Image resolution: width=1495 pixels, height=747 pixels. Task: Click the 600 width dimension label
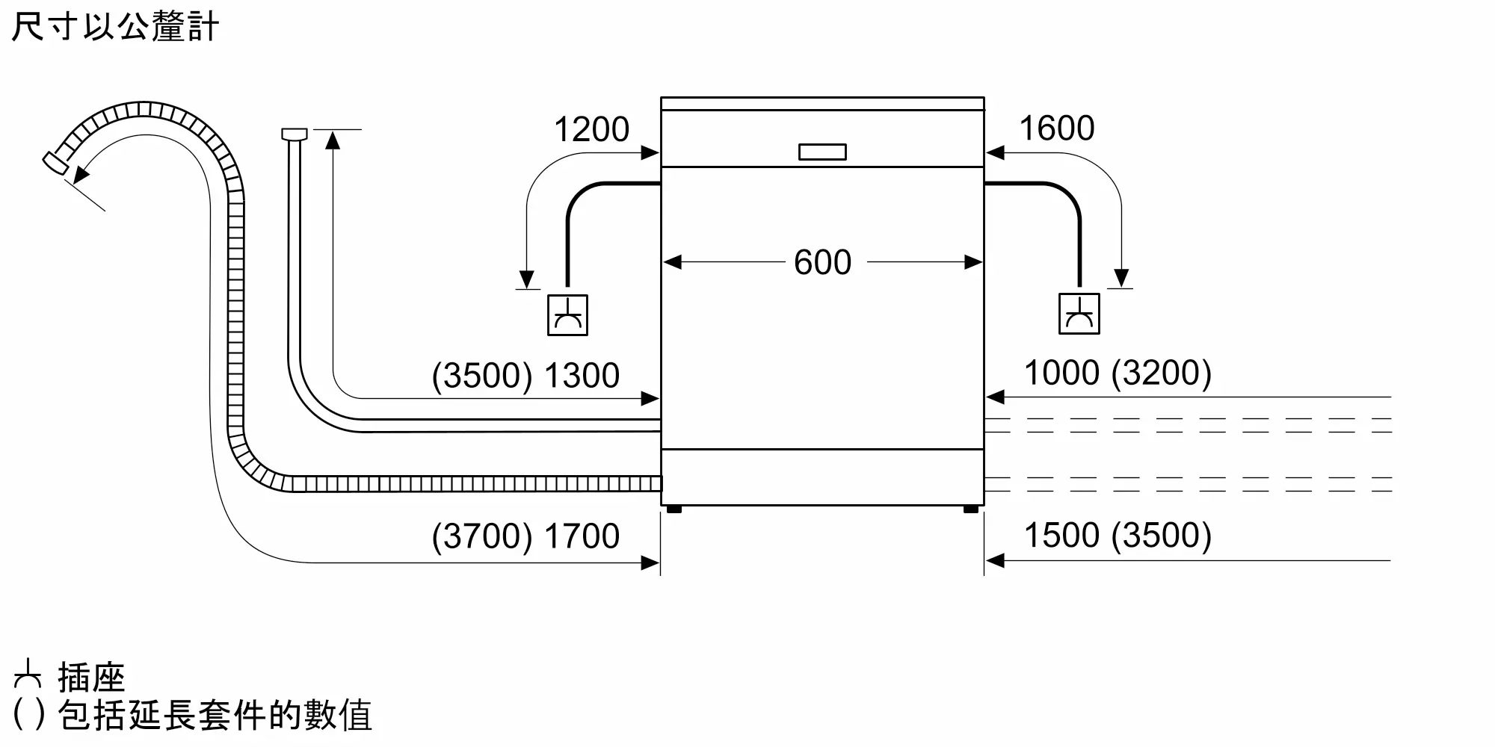click(x=822, y=262)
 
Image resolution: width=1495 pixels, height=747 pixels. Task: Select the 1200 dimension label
click(x=591, y=129)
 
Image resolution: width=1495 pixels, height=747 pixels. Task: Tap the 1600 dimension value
click(x=1056, y=128)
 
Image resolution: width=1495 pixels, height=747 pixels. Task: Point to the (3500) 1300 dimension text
click(x=525, y=375)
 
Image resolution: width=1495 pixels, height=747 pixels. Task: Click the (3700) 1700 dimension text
click(x=525, y=536)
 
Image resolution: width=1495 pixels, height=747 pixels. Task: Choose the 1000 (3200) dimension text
click(x=1117, y=373)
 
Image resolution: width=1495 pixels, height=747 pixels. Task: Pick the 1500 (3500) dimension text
click(x=1117, y=535)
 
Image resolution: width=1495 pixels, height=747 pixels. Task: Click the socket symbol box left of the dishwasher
click(x=567, y=315)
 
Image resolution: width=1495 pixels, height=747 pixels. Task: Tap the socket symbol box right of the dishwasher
click(x=1079, y=314)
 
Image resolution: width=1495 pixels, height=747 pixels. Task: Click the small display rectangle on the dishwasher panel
click(x=822, y=152)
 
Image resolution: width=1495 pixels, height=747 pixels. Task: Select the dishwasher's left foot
click(x=673, y=509)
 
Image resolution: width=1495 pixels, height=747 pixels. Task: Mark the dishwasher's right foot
click(x=971, y=509)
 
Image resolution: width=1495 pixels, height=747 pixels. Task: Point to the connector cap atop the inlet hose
click(x=294, y=134)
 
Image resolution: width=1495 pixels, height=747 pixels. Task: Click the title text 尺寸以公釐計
click(x=115, y=27)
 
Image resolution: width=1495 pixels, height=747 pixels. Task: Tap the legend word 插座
click(x=91, y=678)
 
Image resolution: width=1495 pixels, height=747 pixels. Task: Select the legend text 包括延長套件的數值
click(x=215, y=716)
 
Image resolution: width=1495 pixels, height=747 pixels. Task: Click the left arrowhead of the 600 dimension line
click(x=672, y=262)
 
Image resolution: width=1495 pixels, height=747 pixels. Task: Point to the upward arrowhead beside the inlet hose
click(x=333, y=139)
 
